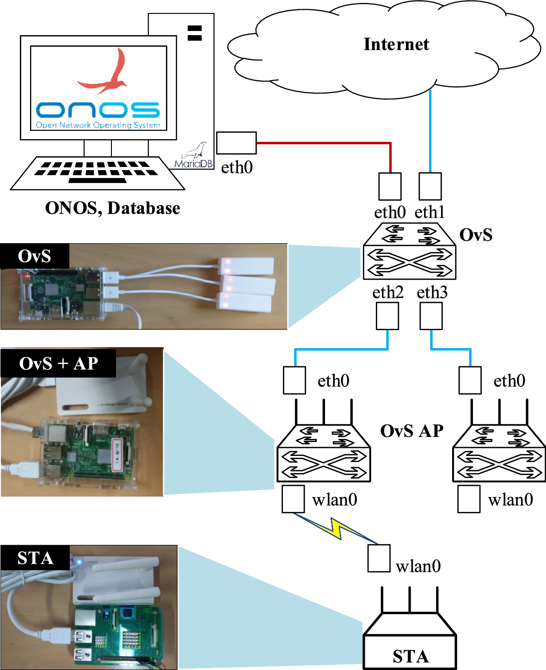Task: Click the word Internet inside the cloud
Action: pos(396,44)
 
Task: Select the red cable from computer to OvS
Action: pos(324,143)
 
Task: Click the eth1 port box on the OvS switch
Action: pos(430,186)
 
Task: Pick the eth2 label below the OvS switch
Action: pos(388,293)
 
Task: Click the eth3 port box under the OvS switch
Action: pos(431,316)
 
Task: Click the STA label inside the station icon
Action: pos(410,656)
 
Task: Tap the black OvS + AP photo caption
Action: pos(58,363)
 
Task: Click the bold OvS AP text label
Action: pos(411,431)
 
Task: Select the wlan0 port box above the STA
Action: pos(379,559)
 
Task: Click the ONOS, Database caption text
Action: pos(112,208)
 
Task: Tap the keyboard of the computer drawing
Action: pos(98,172)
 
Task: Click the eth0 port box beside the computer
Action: pos(236,143)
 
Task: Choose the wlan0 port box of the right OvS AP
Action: pos(469,499)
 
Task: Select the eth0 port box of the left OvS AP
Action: pos(294,380)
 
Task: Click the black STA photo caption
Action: pos(35,558)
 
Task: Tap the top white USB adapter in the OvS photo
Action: pos(246,267)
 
